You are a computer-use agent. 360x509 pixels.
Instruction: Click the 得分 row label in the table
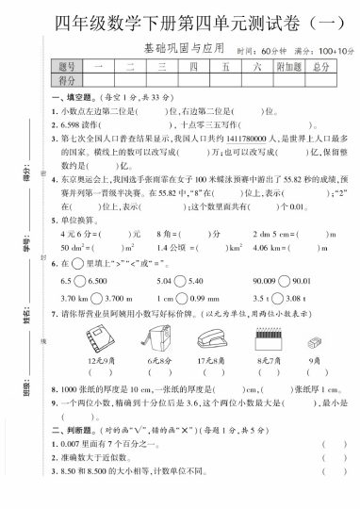point(66,82)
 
